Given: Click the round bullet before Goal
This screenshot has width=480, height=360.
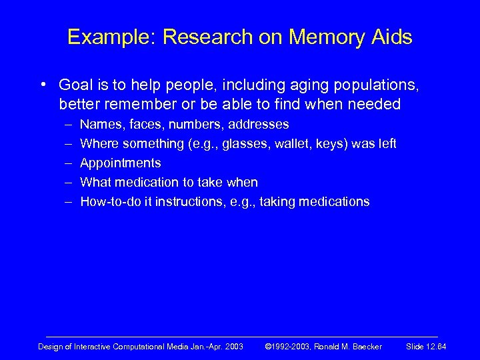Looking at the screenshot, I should (x=42, y=85).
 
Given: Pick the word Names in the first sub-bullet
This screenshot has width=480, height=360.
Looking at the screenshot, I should (x=98, y=124).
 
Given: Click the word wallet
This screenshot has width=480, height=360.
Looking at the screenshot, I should (x=291, y=143).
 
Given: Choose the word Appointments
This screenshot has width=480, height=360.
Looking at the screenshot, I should (x=120, y=163).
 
